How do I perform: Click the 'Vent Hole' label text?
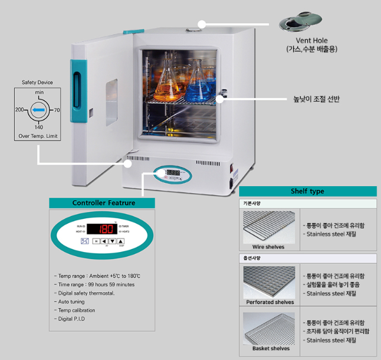pyautogui.click(x=311, y=41)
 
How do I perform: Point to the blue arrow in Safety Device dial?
pyautogui.click(x=38, y=110)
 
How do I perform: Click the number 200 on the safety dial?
pyautogui.click(x=19, y=110)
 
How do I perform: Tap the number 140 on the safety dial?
pyautogui.click(x=38, y=127)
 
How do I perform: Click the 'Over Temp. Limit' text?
pyautogui.click(x=38, y=137)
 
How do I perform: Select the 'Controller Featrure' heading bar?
pyautogui.click(x=104, y=203)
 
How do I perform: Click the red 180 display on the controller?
pyautogui.click(x=106, y=229)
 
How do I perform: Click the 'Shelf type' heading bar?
pyautogui.click(x=307, y=191)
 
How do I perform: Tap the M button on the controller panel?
pyautogui.click(x=96, y=241)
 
